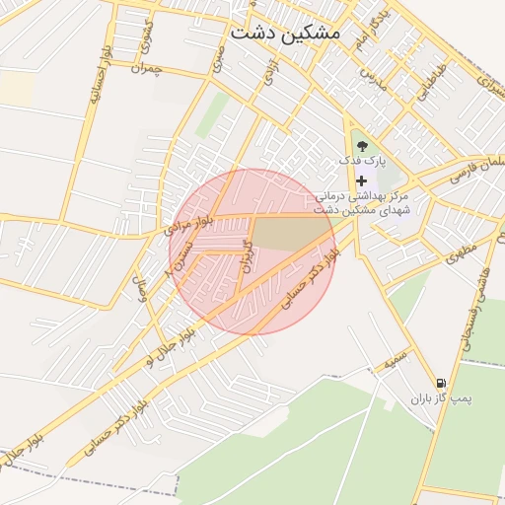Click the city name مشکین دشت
tap(284, 33)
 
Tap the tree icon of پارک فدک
tap(360, 146)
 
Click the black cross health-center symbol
tap(362, 180)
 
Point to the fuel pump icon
tap(440, 383)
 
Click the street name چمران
tap(144, 68)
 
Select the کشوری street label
tap(148, 36)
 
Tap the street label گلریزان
tap(248, 254)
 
